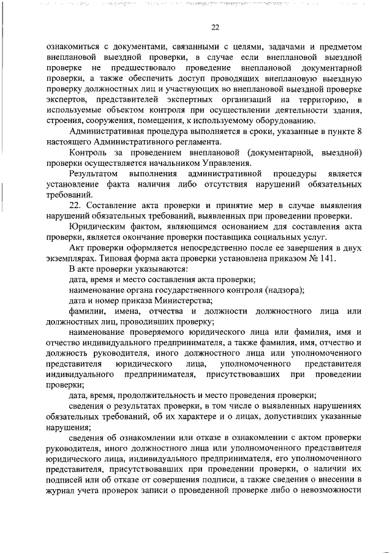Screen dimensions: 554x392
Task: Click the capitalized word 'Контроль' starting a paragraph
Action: point(88,153)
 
